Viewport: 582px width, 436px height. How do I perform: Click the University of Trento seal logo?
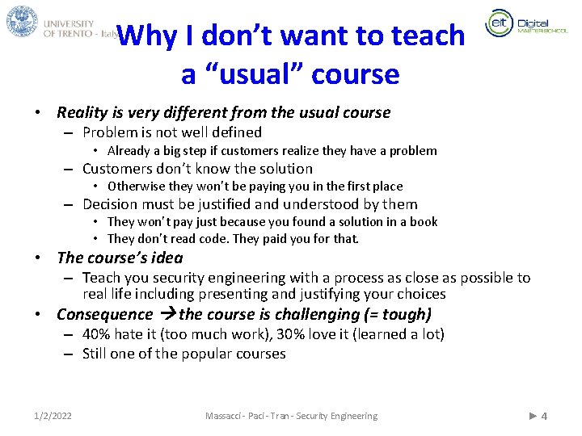[22, 21]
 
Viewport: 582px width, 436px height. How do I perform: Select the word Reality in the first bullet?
[82, 113]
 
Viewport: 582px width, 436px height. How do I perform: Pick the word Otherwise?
[137, 187]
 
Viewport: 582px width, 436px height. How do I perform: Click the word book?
[423, 222]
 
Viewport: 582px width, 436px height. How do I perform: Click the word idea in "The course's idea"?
[166, 258]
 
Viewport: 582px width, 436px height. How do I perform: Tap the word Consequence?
[104, 315]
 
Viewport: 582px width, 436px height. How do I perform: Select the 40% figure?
[97, 334]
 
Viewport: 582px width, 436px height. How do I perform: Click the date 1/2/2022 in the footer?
[53, 416]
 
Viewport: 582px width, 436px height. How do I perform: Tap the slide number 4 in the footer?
[544, 416]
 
